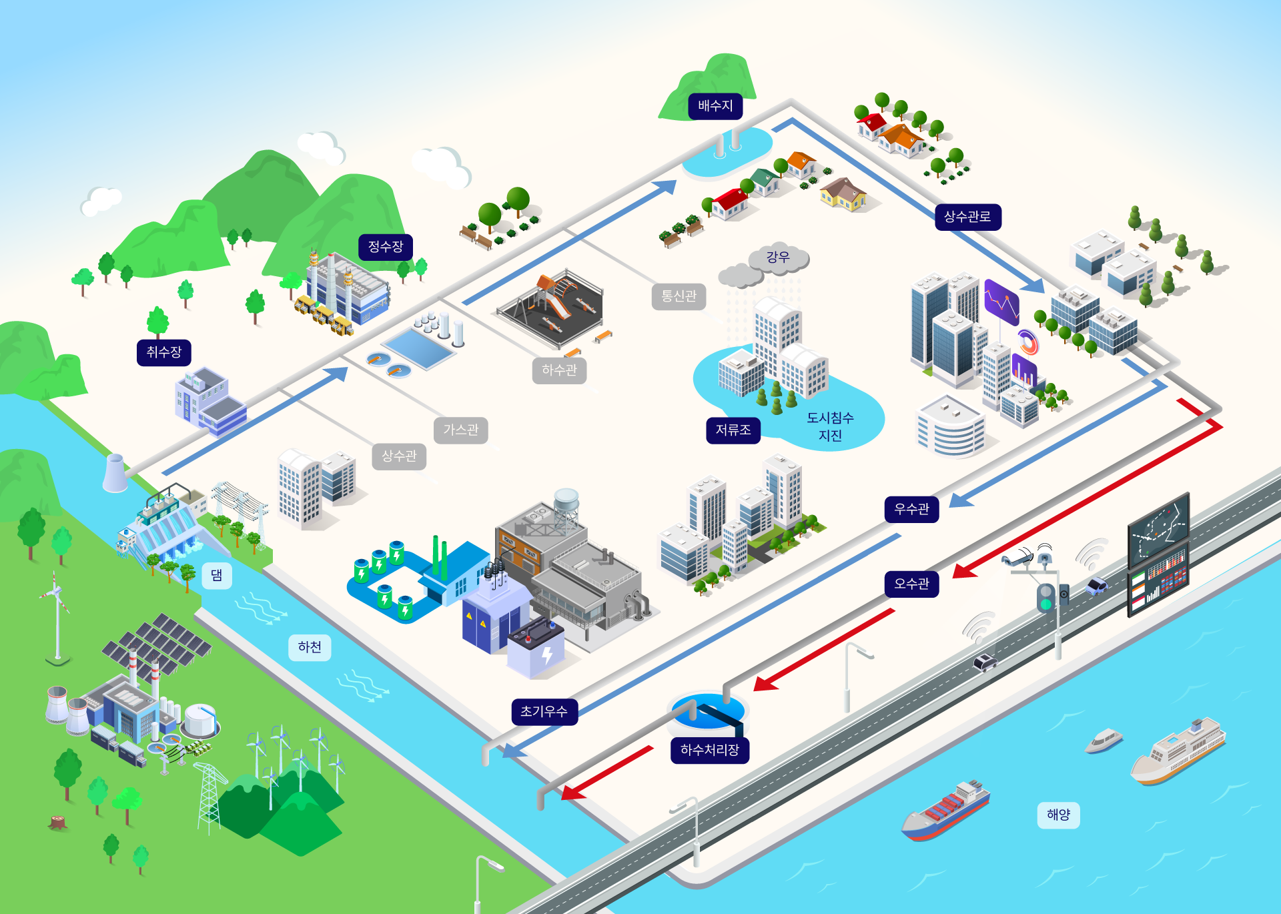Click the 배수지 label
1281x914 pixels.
coord(715,106)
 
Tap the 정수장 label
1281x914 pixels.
coord(386,247)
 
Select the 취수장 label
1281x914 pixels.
coord(163,352)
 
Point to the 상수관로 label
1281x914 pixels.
coord(967,217)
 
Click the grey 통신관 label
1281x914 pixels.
coord(679,296)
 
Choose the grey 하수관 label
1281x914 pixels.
coord(559,370)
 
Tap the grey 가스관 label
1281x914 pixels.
coord(461,430)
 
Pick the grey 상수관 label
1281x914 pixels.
coord(399,456)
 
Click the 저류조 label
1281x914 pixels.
coord(733,430)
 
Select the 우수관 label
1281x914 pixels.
coord(911,509)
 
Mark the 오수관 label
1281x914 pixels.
coord(911,584)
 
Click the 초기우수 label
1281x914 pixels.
coord(544,712)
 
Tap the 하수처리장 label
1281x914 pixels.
coord(710,750)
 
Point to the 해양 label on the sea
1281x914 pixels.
coord(1058,815)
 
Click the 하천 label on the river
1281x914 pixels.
coord(310,647)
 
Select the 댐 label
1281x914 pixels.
coord(217,575)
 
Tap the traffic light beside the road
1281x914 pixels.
coord(1045,597)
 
